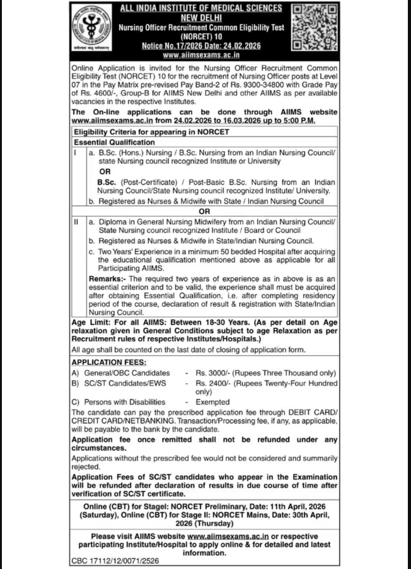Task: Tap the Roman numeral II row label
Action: (76, 222)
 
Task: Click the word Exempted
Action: (213, 401)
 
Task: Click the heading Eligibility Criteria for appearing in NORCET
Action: (151, 132)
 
